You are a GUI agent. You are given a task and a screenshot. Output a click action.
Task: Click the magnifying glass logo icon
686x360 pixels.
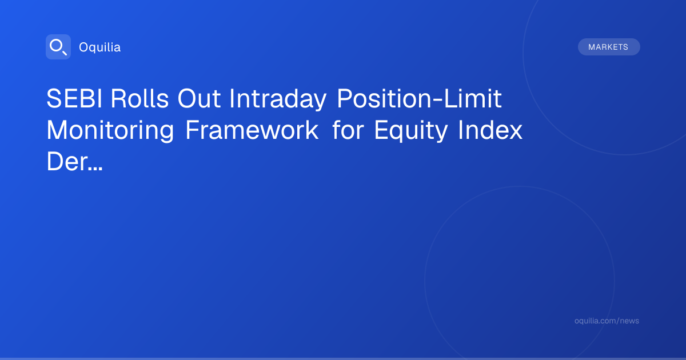[58, 47]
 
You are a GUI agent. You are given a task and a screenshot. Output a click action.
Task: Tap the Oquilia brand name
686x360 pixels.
[100, 47]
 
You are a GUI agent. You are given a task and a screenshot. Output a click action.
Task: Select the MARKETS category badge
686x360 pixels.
[609, 47]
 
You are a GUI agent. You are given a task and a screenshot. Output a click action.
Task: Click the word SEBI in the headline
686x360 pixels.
[74, 98]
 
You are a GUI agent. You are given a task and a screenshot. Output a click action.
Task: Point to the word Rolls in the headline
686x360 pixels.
[139, 98]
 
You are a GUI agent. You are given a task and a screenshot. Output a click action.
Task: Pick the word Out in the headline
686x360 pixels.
[199, 98]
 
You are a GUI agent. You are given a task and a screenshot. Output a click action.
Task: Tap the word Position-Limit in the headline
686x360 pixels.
[419, 98]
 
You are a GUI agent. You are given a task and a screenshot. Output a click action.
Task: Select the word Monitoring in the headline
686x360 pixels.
[110, 131]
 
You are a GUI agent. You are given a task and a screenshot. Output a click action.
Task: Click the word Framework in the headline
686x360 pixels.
[252, 130]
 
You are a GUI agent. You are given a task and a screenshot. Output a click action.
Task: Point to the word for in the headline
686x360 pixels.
[348, 130]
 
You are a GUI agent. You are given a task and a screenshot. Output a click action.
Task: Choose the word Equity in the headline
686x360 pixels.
[410, 131]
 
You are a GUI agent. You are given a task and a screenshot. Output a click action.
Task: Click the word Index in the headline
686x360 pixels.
[490, 130]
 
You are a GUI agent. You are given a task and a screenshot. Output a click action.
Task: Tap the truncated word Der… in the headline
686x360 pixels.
[74, 162]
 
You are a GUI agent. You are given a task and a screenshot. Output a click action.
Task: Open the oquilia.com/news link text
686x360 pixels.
[607, 321]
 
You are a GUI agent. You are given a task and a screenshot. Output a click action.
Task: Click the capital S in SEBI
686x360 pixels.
[54, 98]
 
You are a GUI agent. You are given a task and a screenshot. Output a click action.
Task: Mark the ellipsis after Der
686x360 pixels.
[95, 169]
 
